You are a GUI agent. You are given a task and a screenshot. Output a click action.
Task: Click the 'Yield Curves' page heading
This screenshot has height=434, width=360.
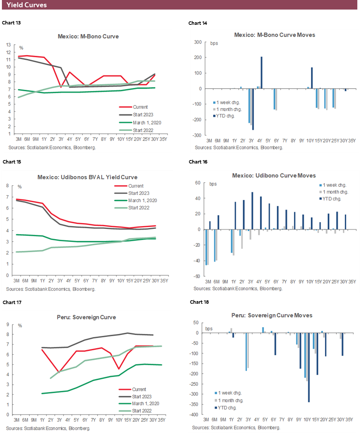click(27, 5)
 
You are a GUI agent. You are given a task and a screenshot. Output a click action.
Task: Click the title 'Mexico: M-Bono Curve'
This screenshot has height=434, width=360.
click(88, 37)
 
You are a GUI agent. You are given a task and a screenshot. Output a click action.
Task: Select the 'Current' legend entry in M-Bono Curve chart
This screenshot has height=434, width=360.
click(140, 107)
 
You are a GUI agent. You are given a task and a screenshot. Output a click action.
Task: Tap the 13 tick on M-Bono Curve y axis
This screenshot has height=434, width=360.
click(9, 45)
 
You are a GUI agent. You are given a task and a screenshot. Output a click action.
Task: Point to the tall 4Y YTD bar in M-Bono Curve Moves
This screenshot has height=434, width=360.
click(261, 73)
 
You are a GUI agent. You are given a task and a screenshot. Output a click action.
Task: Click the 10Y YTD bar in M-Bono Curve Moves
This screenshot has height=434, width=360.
click(312, 78)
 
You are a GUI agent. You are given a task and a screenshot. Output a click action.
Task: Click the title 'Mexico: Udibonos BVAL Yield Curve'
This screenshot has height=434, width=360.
click(88, 177)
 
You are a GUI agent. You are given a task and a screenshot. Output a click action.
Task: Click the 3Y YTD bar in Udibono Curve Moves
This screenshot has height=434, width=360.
click(253, 211)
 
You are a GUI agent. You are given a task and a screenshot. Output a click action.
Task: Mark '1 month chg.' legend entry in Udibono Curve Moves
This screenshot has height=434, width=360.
click(336, 192)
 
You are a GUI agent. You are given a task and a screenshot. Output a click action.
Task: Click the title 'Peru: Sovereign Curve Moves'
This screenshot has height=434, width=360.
click(272, 315)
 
